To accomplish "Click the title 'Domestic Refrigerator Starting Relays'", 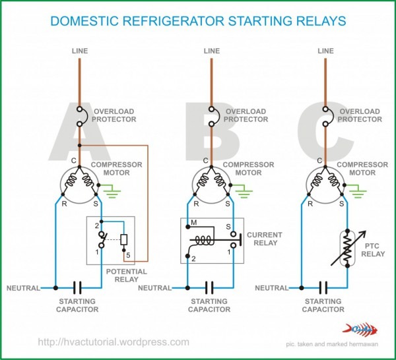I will coord(198,20).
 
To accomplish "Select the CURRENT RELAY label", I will coord(264,239).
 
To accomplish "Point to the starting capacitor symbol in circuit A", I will coord(77,288).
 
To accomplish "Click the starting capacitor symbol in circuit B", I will coord(210,288).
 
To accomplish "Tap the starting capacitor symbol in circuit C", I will coord(323,288).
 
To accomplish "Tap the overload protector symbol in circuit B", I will coord(212,116).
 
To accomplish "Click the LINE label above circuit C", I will coord(325,51).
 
